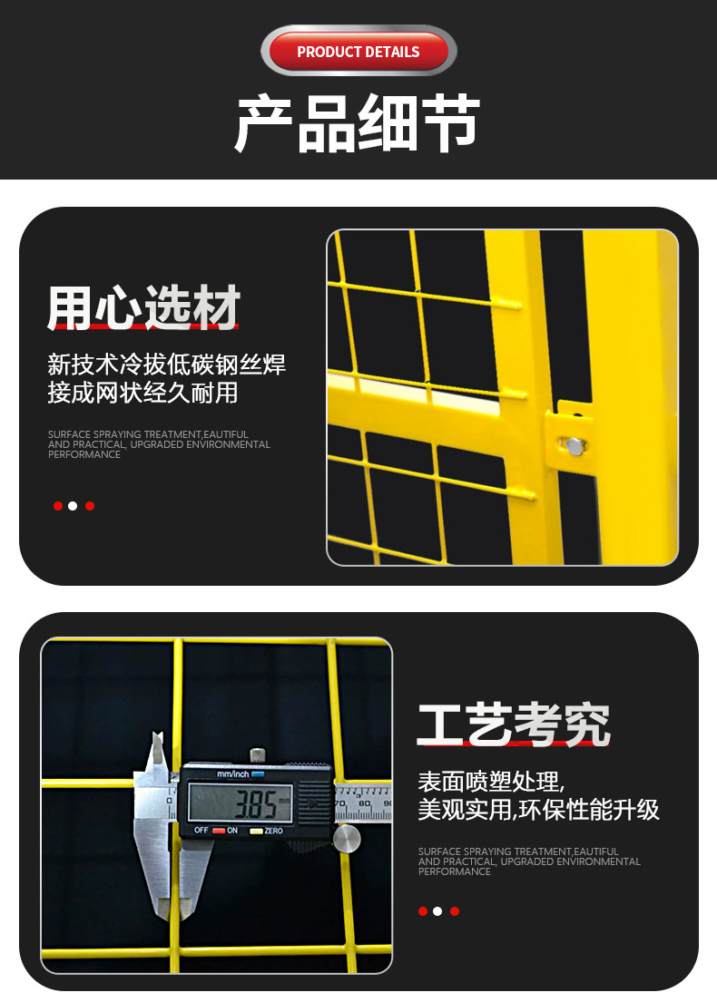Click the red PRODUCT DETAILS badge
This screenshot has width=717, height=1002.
(x=358, y=52)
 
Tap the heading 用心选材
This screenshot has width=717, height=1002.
(x=143, y=307)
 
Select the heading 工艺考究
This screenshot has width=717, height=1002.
(x=514, y=725)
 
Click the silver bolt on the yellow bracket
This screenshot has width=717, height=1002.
(x=575, y=445)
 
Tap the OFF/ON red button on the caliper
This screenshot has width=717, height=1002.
(x=218, y=831)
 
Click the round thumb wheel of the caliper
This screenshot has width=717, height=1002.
(x=347, y=839)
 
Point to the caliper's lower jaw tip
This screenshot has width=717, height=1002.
(x=164, y=907)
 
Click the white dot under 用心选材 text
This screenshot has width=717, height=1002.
(x=73, y=506)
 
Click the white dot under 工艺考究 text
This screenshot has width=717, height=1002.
(x=437, y=911)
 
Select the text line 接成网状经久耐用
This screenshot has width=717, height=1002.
(x=142, y=393)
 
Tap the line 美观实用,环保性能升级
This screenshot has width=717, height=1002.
(x=538, y=810)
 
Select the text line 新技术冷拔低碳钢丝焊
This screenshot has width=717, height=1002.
(x=166, y=365)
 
